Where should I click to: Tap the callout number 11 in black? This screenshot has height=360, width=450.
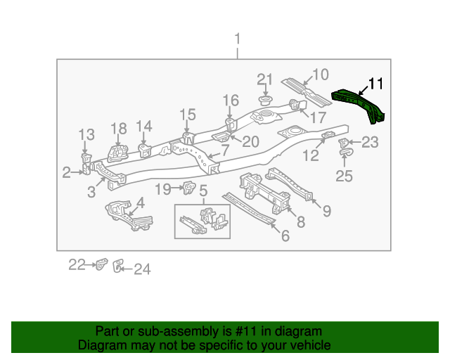point(375,84)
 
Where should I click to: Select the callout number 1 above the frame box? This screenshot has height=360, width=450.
point(238,39)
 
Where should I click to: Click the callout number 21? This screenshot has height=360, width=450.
point(264,79)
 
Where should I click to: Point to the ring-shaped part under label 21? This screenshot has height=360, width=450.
point(266,101)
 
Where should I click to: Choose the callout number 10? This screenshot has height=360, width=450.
point(321,75)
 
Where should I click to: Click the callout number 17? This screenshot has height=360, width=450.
point(319,117)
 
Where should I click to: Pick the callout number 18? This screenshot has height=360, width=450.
point(119,129)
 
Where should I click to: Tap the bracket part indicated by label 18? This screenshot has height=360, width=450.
point(117,153)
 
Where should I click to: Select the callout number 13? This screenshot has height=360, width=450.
point(86,134)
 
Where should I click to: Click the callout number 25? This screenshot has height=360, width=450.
point(344,176)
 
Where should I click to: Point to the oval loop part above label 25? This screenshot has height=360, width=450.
point(347,152)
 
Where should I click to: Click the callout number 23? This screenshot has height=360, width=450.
point(371,142)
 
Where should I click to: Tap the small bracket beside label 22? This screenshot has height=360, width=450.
point(101,264)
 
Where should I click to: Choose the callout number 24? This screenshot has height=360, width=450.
point(142,269)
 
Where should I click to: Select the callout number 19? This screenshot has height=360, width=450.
point(163,189)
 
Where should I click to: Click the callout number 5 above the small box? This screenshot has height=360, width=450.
point(203,191)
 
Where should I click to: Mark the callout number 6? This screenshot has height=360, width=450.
point(285,236)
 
